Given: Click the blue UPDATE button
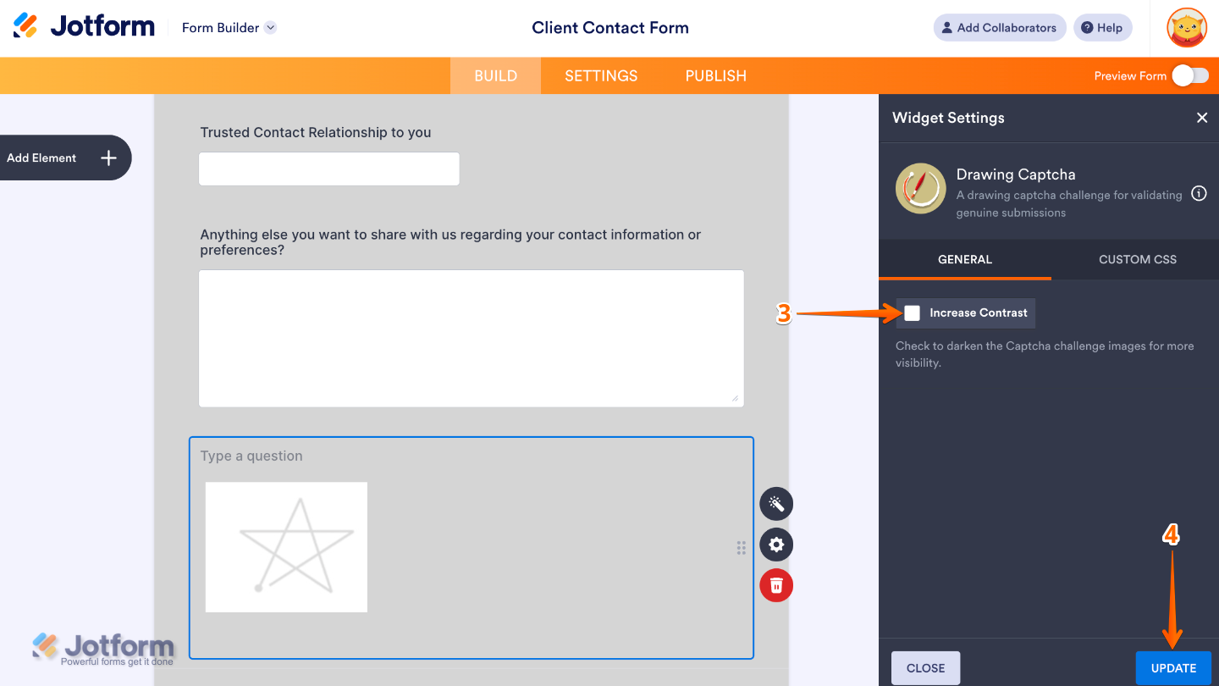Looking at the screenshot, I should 1173,668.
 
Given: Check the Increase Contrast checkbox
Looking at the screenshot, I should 912,313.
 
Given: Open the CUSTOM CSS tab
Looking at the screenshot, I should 1137,259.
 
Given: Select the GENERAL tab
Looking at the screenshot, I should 964,259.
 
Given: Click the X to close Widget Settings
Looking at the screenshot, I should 1201,118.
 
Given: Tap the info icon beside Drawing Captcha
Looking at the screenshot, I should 1199,193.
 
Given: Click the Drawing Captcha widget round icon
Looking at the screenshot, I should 920,188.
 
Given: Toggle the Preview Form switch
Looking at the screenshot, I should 1190,75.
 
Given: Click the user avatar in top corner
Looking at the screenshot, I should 1186,28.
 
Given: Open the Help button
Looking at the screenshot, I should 1102,28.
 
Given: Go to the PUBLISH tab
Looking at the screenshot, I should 715,75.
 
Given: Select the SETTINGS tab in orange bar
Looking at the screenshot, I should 601,75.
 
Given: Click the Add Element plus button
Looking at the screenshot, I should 108,158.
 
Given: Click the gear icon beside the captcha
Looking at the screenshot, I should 775,545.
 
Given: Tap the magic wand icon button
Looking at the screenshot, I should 775,504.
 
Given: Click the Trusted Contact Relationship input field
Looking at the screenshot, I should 328,169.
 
